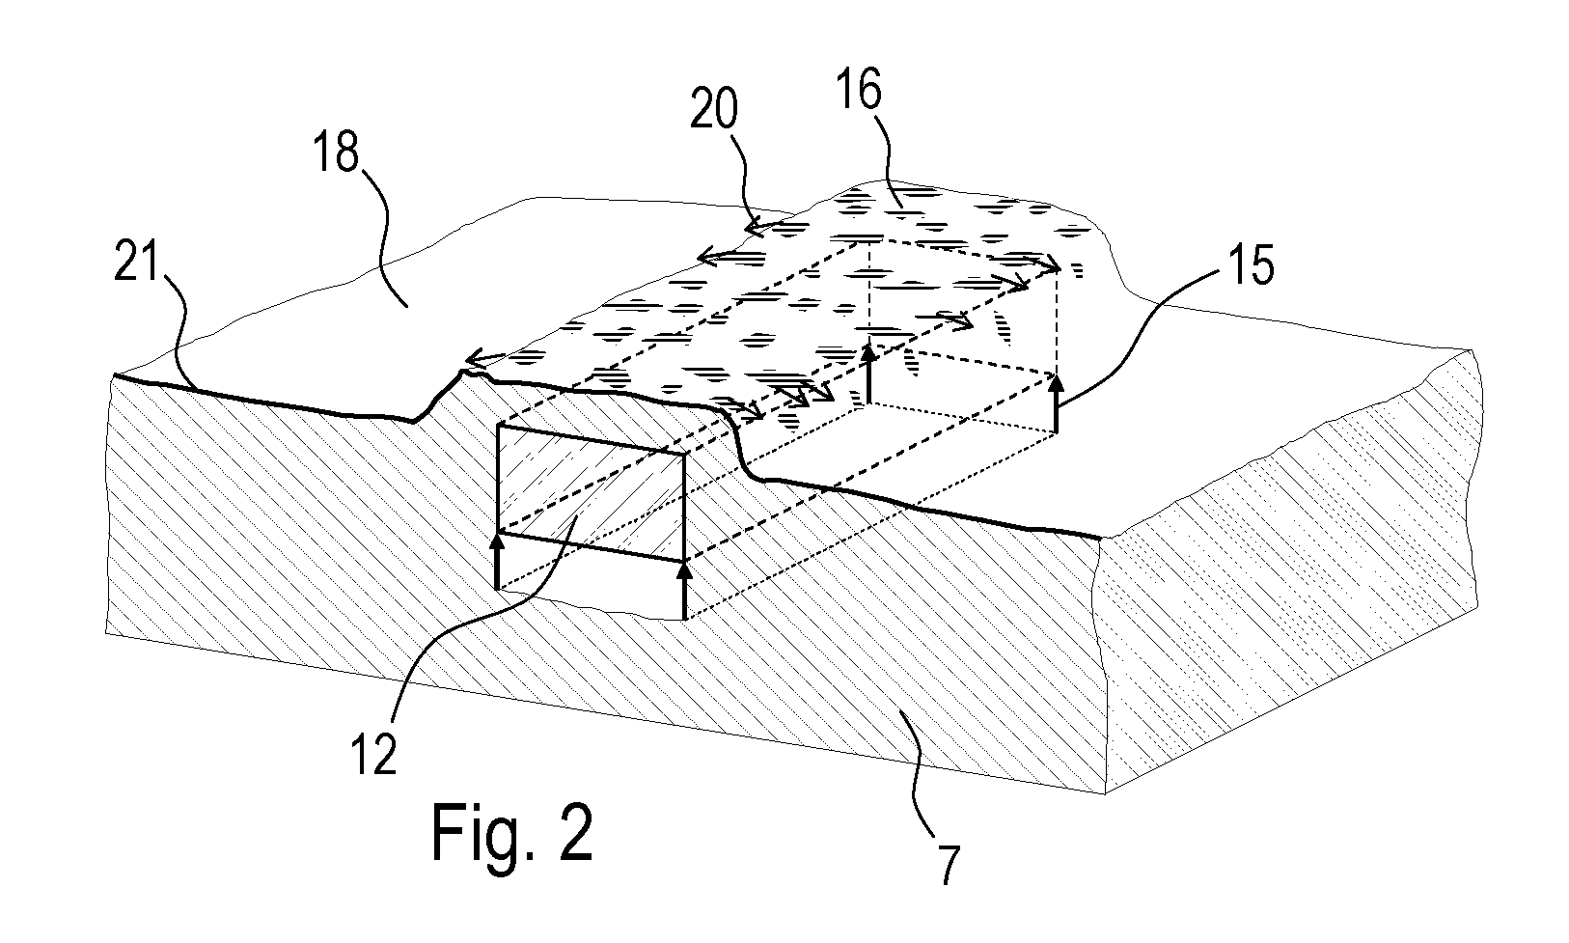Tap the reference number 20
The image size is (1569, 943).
tap(714, 110)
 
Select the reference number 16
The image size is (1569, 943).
tap(860, 89)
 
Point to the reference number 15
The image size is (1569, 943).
tap(1252, 264)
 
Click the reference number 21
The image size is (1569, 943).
tap(136, 261)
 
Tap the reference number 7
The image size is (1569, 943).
tap(950, 865)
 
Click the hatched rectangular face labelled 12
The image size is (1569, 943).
tap(591, 493)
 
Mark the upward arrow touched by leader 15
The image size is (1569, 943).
tap(1056, 403)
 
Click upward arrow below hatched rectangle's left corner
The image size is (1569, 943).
tap(497, 561)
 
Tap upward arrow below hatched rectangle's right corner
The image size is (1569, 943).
tap(684, 591)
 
